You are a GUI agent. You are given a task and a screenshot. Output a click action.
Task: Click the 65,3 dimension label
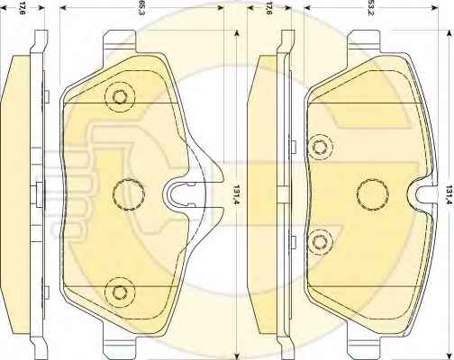coord(141,8)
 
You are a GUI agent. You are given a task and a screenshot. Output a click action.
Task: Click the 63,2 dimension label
coord(370,8)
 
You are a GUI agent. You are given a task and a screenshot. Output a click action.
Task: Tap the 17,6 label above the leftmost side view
coord(23,8)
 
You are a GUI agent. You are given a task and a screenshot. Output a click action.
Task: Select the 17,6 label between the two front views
coord(268,8)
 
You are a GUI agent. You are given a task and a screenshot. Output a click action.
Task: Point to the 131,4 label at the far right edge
coord(449,194)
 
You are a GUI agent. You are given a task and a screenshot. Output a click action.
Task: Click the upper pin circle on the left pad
coord(120,96)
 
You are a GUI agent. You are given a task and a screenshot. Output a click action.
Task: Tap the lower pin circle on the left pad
coord(120,292)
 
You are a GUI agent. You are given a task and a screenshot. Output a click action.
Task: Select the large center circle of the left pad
coord(129,194)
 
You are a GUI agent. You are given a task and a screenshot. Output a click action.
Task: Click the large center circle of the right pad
coord(373,194)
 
